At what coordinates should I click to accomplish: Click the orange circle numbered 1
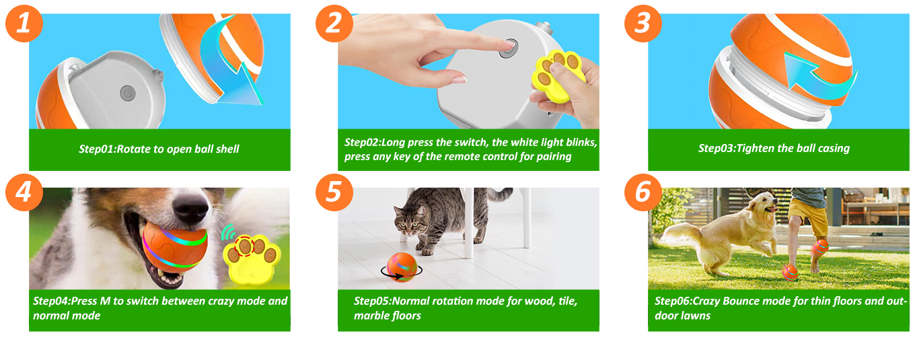[x=24, y=23]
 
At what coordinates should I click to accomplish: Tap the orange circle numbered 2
[x=334, y=23]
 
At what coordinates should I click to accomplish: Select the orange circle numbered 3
[x=643, y=23]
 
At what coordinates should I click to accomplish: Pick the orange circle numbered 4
[x=24, y=192]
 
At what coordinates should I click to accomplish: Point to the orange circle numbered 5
[x=334, y=192]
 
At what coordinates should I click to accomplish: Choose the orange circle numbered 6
[x=643, y=192]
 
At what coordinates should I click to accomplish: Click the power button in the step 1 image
[x=128, y=93]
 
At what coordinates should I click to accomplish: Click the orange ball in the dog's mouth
[x=175, y=247]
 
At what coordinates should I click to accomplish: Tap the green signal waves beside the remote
[x=229, y=233]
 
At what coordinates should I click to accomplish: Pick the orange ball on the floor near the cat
[x=402, y=267]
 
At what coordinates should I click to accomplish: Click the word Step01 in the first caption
[x=97, y=149]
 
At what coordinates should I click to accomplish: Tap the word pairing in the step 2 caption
[x=554, y=157]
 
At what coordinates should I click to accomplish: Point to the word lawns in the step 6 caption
[x=696, y=316]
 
